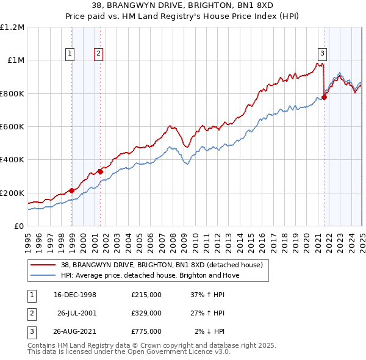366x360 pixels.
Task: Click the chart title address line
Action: (182, 6)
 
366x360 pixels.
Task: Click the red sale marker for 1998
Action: (72, 190)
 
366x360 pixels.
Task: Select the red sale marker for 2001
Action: (100, 171)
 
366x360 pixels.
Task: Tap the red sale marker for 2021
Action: (325, 96)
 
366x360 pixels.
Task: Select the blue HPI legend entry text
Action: (150, 275)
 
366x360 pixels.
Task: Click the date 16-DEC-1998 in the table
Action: (75, 295)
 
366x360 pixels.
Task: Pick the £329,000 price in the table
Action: (146, 313)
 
